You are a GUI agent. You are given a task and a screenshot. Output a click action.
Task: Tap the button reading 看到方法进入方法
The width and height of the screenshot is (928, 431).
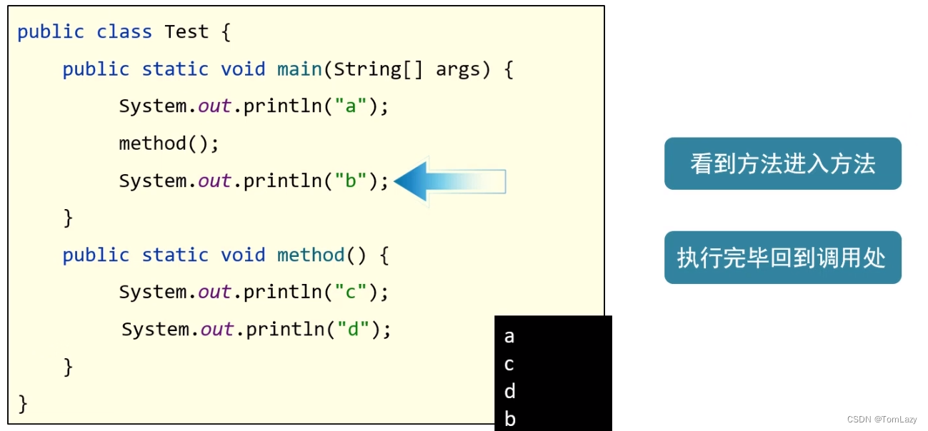(782, 164)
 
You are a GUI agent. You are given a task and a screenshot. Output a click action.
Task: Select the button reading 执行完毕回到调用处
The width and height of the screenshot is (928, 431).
(782, 258)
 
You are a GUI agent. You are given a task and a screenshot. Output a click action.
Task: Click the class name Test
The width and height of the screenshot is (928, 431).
(186, 32)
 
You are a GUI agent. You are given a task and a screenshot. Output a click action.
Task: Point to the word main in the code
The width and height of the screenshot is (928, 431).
(299, 69)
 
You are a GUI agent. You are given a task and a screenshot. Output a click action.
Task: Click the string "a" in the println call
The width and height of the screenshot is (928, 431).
(351, 106)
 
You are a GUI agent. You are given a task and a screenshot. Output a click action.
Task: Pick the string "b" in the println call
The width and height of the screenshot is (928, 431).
(351, 181)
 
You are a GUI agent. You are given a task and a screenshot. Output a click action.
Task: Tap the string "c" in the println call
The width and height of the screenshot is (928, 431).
(351, 292)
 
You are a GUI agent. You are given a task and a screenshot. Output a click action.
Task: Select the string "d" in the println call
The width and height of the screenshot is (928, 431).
(353, 329)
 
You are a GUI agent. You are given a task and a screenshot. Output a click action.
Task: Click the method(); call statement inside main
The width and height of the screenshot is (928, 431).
(169, 143)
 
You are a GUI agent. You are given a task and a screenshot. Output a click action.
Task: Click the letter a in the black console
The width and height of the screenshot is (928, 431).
(509, 336)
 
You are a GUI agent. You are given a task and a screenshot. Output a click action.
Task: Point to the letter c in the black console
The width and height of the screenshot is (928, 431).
(509, 365)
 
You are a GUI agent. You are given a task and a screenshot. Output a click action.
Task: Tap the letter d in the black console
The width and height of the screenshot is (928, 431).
(509, 391)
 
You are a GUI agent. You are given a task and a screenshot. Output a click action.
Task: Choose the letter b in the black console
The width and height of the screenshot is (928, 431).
(509, 418)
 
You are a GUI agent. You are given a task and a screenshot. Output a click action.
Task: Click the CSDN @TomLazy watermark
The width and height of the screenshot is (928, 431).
(882, 420)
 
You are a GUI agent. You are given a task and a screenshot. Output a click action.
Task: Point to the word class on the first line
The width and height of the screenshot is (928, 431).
(124, 32)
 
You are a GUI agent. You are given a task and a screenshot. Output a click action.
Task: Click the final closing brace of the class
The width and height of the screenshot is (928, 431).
(22, 403)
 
